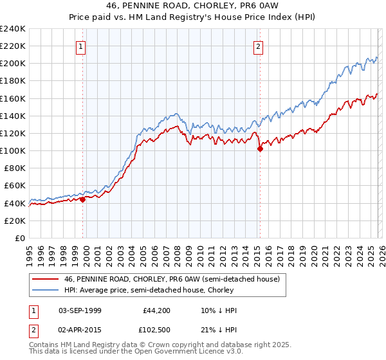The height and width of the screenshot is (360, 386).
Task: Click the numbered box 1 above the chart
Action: (x=81, y=46)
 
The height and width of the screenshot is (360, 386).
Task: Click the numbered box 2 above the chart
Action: (x=258, y=46)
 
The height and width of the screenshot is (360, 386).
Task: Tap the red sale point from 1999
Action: (x=83, y=199)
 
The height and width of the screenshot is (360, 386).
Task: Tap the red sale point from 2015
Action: (x=260, y=148)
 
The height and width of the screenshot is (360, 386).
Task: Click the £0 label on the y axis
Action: (x=19, y=238)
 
